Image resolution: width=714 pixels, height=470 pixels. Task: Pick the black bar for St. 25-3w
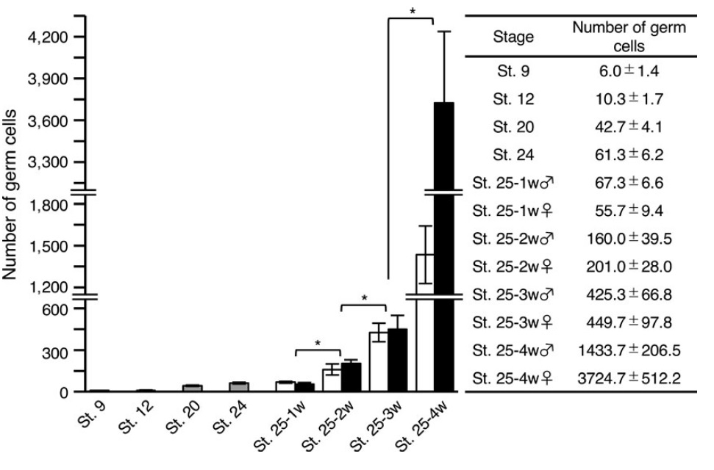[x=398, y=361]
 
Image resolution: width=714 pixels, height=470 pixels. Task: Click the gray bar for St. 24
[x=238, y=387]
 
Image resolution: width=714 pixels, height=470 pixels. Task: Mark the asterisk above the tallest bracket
[x=412, y=11]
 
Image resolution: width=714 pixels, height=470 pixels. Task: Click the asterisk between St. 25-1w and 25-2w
[x=317, y=343]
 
